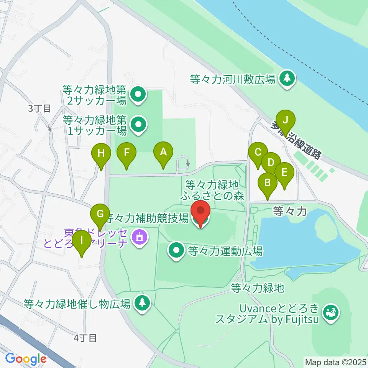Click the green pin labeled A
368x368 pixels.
163,153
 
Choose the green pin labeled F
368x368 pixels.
127,153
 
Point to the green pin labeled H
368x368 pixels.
101,154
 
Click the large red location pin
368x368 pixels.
200,213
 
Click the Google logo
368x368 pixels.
26,359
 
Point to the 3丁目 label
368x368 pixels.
39,108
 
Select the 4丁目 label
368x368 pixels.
85,338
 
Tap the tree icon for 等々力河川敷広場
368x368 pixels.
287,79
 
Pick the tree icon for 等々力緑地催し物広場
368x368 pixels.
143,303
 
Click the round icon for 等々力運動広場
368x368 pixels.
177,251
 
